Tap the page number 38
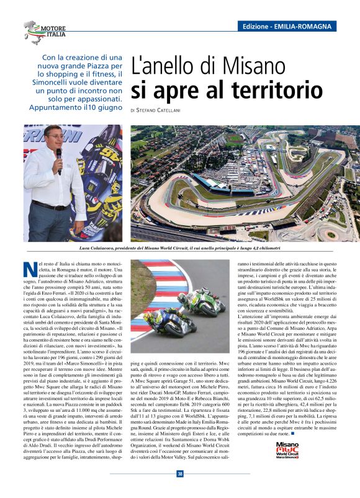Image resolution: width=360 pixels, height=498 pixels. pos(180,474)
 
